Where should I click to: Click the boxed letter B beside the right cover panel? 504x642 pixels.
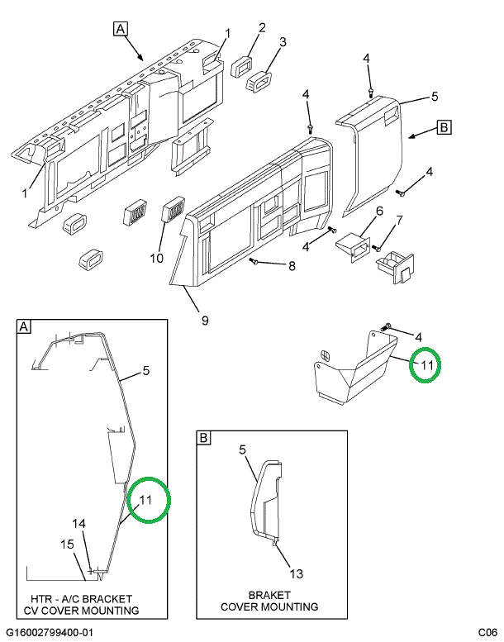click(x=443, y=127)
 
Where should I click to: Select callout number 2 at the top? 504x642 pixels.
click(x=262, y=29)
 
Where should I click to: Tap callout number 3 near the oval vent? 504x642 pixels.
click(x=282, y=42)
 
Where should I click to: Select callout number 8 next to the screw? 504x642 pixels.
click(x=292, y=265)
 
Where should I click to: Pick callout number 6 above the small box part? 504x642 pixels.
click(x=380, y=212)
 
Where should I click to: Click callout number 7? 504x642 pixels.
click(x=399, y=221)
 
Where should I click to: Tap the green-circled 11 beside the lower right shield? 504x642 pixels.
click(x=426, y=364)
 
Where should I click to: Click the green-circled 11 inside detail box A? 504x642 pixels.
click(x=146, y=500)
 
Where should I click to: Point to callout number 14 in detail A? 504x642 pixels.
click(x=78, y=524)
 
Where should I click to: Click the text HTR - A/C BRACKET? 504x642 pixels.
click(x=81, y=598)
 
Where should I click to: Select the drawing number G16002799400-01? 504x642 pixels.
click(x=50, y=632)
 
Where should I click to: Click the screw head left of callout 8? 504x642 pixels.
click(x=254, y=261)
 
